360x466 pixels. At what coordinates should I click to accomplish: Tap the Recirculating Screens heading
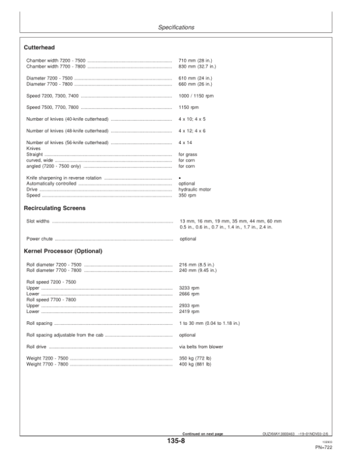pyautogui.click(x=55, y=208)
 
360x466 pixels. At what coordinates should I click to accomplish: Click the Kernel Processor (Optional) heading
pyautogui.click(x=63, y=250)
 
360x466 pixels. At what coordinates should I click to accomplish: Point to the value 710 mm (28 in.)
pyautogui.click(x=196, y=61)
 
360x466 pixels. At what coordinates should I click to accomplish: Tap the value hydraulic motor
pyautogui.click(x=196, y=189)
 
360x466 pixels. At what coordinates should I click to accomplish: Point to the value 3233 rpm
pyautogui.click(x=189, y=288)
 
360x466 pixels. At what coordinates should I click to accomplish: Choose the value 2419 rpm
pyautogui.click(x=189, y=311)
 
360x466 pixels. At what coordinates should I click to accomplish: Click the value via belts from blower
pyautogui.click(x=203, y=346)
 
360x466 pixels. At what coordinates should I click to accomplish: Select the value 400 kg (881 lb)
pyautogui.click(x=195, y=364)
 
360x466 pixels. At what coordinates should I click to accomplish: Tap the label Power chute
pyautogui.click(x=38, y=238)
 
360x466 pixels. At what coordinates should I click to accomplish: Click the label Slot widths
pyautogui.click(x=38, y=221)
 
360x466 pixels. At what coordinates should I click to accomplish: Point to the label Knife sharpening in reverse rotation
pyautogui.click(x=64, y=178)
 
